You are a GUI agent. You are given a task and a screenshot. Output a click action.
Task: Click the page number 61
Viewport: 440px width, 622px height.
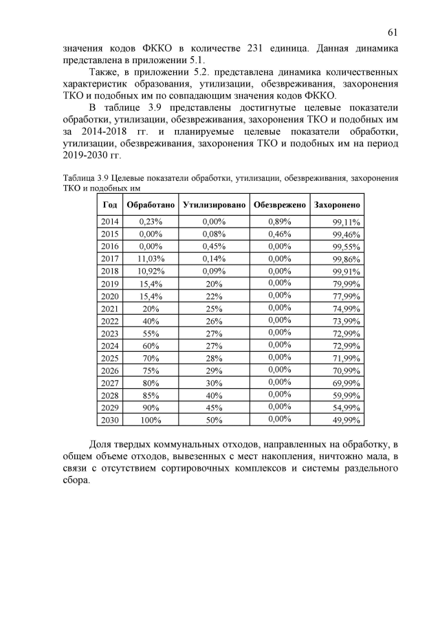(393, 32)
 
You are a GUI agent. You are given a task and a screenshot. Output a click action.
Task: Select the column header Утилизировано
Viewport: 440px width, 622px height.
(214, 206)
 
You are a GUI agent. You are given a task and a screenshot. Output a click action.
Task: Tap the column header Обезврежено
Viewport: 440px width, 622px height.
(279, 206)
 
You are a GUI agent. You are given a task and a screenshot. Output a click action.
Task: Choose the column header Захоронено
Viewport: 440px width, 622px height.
(337, 206)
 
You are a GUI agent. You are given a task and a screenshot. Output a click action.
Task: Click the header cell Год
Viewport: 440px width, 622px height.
(109, 206)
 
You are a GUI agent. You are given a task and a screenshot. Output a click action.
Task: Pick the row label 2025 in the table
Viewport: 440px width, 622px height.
(109, 357)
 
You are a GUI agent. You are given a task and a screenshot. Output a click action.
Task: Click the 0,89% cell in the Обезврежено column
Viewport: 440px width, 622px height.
(279, 221)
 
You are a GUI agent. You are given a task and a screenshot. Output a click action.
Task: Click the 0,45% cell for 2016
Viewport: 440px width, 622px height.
(214, 246)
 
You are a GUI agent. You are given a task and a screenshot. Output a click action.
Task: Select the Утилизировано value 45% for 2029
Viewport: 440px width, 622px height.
(214, 407)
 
